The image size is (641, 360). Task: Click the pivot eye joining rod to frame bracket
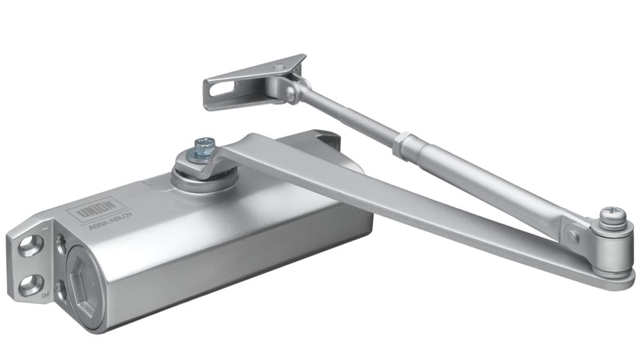click(x=292, y=92)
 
